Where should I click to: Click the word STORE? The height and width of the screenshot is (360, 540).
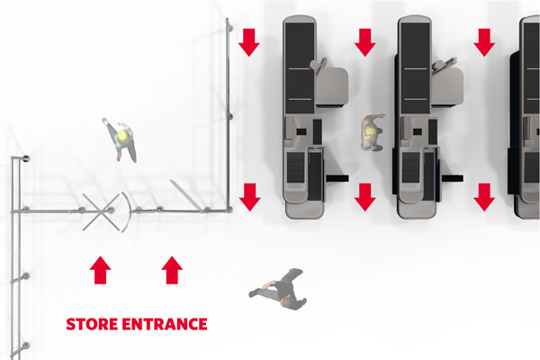point(92,324)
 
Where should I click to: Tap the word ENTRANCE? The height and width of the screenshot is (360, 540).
point(165,324)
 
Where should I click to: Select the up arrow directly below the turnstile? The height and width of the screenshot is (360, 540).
point(100,270)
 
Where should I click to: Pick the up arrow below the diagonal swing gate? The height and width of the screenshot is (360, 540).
point(172,270)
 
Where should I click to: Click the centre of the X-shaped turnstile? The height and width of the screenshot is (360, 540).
point(100,211)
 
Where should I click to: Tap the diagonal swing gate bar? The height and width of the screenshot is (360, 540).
point(185,194)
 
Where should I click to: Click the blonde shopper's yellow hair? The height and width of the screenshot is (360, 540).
point(124,137)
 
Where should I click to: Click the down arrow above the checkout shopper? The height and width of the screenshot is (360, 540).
point(365,42)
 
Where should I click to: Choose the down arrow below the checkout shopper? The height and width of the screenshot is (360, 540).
point(365,197)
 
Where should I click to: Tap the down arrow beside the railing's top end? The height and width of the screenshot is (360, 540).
point(249,42)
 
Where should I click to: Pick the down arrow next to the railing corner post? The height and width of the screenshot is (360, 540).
point(250,197)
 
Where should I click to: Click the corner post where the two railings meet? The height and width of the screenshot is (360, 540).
point(229,209)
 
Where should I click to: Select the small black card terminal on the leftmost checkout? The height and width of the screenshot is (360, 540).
point(301,131)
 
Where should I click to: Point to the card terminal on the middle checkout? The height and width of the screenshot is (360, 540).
point(418,131)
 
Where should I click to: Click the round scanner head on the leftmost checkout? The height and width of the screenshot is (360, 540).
point(315,65)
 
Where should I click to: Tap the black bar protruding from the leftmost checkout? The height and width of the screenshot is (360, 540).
point(337,178)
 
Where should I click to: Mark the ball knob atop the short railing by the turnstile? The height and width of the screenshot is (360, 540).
point(26,158)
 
